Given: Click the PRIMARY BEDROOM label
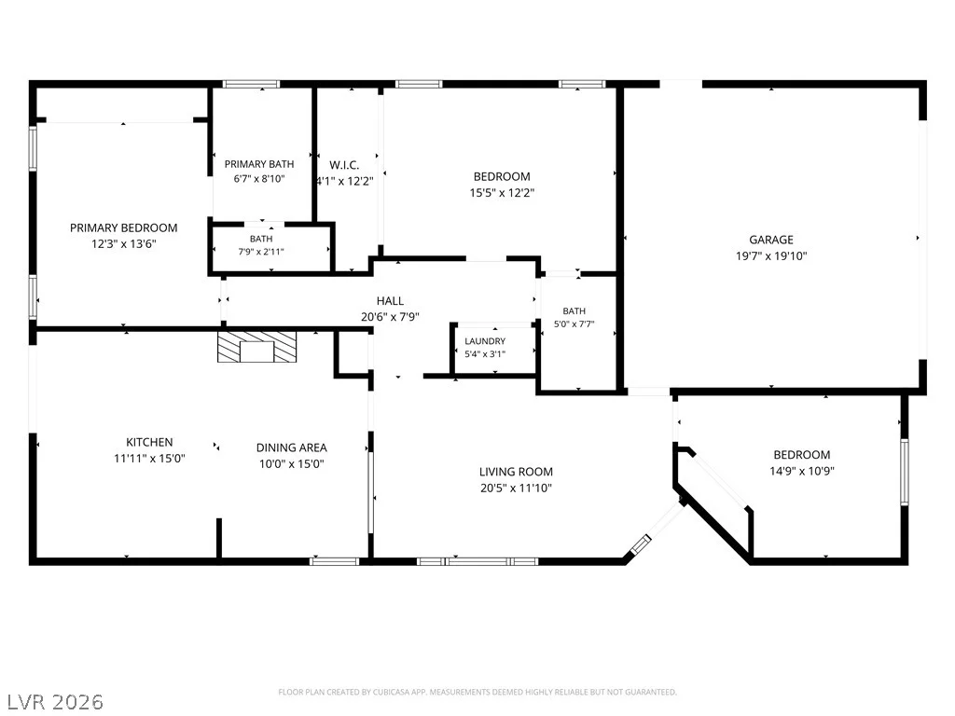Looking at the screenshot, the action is [124, 227].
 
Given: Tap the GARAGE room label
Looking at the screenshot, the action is [771, 240].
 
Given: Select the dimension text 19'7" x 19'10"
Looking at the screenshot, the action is [771, 256].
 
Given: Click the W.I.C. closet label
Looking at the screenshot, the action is [344, 165].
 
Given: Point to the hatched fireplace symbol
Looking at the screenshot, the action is [257, 347].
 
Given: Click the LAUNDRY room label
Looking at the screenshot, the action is [485, 341].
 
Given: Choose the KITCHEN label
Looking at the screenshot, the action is [149, 442].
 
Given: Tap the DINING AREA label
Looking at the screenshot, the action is [291, 447].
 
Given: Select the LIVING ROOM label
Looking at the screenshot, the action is [516, 472].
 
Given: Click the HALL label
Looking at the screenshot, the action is [390, 301].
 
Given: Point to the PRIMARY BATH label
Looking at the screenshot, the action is [259, 164].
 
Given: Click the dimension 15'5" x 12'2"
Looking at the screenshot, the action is [502, 193].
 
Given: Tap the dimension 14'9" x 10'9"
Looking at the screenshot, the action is [801, 471].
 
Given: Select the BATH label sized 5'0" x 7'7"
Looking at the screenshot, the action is [574, 311].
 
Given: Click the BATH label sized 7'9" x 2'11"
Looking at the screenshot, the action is [261, 239].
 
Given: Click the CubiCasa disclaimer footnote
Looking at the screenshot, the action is [477, 693].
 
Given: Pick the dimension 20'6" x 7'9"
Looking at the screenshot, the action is [390, 317].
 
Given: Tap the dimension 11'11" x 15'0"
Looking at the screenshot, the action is [149, 459].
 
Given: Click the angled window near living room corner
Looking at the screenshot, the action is [640, 544].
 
